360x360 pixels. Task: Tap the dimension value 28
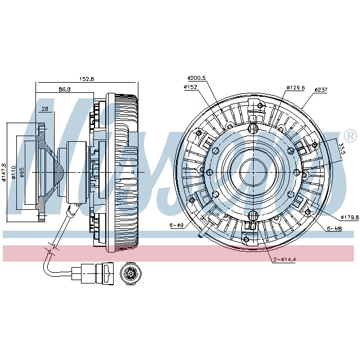(x=44, y=109)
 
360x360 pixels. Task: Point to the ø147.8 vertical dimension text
(x=4, y=173)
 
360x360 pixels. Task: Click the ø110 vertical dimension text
(x=14, y=173)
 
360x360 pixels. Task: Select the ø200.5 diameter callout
(x=196, y=78)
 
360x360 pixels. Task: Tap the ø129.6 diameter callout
(x=295, y=88)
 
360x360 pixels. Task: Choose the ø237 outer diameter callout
(x=321, y=89)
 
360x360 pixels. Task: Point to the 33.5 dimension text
(x=341, y=149)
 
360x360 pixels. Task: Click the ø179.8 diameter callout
(x=349, y=217)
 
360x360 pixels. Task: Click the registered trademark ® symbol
(x=349, y=136)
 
